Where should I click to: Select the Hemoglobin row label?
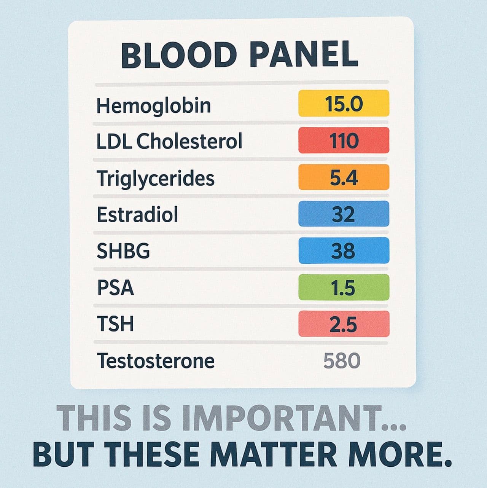pyautogui.click(x=153, y=105)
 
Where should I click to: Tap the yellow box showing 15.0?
pyautogui.click(x=344, y=103)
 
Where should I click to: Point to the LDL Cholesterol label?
pyautogui.click(x=169, y=141)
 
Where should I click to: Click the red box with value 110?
pyautogui.click(x=344, y=140)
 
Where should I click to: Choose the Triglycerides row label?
pyautogui.click(x=156, y=178)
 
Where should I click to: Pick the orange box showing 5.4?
pyautogui.click(x=344, y=177)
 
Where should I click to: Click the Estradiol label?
pyautogui.click(x=137, y=214)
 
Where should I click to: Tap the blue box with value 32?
pyautogui.click(x=344, y=214)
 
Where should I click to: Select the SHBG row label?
pyautogui.click(x=123, y=251)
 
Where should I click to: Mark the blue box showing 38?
pyautogui.click(x=344, y=250)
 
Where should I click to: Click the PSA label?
pyautogui.click(x=116, y=287)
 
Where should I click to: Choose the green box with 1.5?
pyautogui.click(x=344, y=287)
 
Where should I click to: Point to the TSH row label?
pyautogui.click(x=116, y=324)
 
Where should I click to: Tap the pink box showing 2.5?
pyautogui.click(x=344, y=324)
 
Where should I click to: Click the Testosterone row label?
pyautogui.click(x=156, y=360)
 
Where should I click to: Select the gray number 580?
pyautogui.click(x=342, y=360)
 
